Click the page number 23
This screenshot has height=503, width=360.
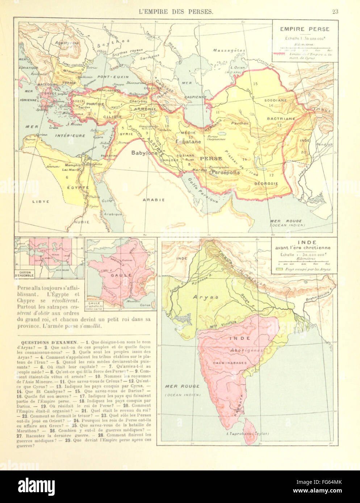pos(335,12)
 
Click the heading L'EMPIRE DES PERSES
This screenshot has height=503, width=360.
pos(176,12)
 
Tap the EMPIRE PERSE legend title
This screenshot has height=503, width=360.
pos(304,29)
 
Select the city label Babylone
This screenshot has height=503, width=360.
pos(144,153)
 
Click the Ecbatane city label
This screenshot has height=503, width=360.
pos(188,141)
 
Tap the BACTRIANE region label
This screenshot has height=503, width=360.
pos(281,118)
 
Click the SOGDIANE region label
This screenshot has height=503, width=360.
pos(276,100)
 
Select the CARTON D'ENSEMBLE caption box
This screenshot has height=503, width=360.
pos(24,274)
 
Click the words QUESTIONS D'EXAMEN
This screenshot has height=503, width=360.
pos(49,342)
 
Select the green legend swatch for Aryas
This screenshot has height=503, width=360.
pos(279,269)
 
